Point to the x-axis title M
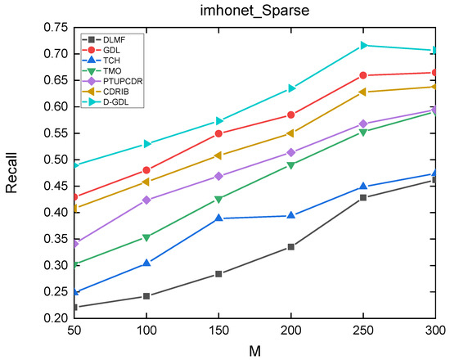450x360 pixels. point(256,350)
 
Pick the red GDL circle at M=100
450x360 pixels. point(146,170)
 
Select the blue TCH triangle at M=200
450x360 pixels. point(291,215)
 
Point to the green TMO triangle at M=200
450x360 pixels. point(291,165)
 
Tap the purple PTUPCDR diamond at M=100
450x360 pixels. point(146,200)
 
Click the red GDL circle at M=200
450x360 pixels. point(291,115)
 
